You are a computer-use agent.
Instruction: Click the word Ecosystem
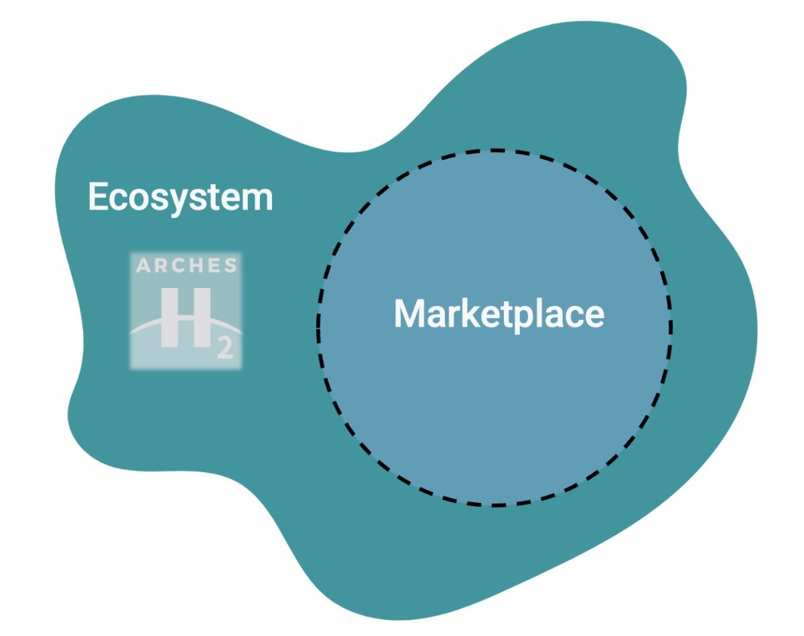point(181,197)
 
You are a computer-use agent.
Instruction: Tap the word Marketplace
point(498,313)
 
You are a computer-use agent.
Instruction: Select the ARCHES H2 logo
point(186,311)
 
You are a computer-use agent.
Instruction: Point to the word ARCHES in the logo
point(186,266)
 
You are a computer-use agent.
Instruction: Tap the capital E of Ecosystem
point(98,197)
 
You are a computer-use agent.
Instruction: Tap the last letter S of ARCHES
point(230,266)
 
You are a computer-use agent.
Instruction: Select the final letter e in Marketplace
point(593,315)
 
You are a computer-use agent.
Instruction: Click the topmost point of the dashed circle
point(495,151)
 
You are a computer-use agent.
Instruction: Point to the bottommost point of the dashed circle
point(495,505)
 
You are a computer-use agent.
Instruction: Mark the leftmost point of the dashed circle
point(318,328)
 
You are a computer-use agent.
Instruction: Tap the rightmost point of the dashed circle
point(672,328)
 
